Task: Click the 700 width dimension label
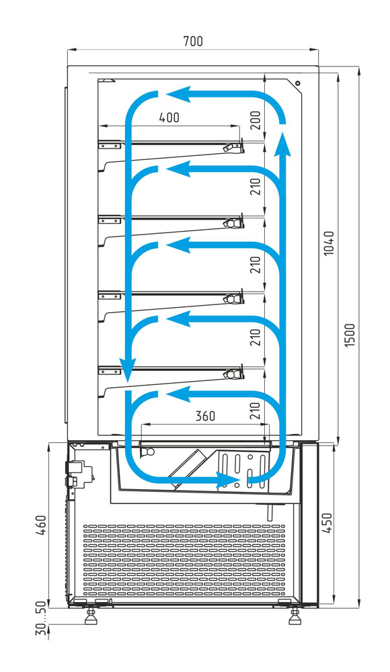pos(192,41)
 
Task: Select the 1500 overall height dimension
pos(350,335)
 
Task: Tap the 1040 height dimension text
pos(329,243)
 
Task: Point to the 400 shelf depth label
pos(169,117)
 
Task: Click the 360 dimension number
pos(205,416)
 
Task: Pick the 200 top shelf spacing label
pos(256,120)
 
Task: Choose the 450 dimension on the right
pos(327,523)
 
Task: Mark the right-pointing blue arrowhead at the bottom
pos(227,480)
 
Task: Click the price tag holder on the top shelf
pos(233,146)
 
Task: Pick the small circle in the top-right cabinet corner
pos(298,83)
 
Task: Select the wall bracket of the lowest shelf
pos(110,371)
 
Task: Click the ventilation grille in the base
pos(184,560)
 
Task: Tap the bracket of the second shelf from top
pos(110,220)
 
